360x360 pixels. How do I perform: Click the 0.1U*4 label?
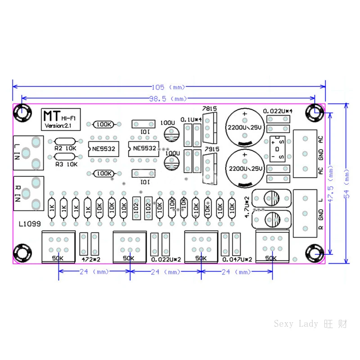(x=191, y=119)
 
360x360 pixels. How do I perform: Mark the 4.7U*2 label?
(x=247, y=207)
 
